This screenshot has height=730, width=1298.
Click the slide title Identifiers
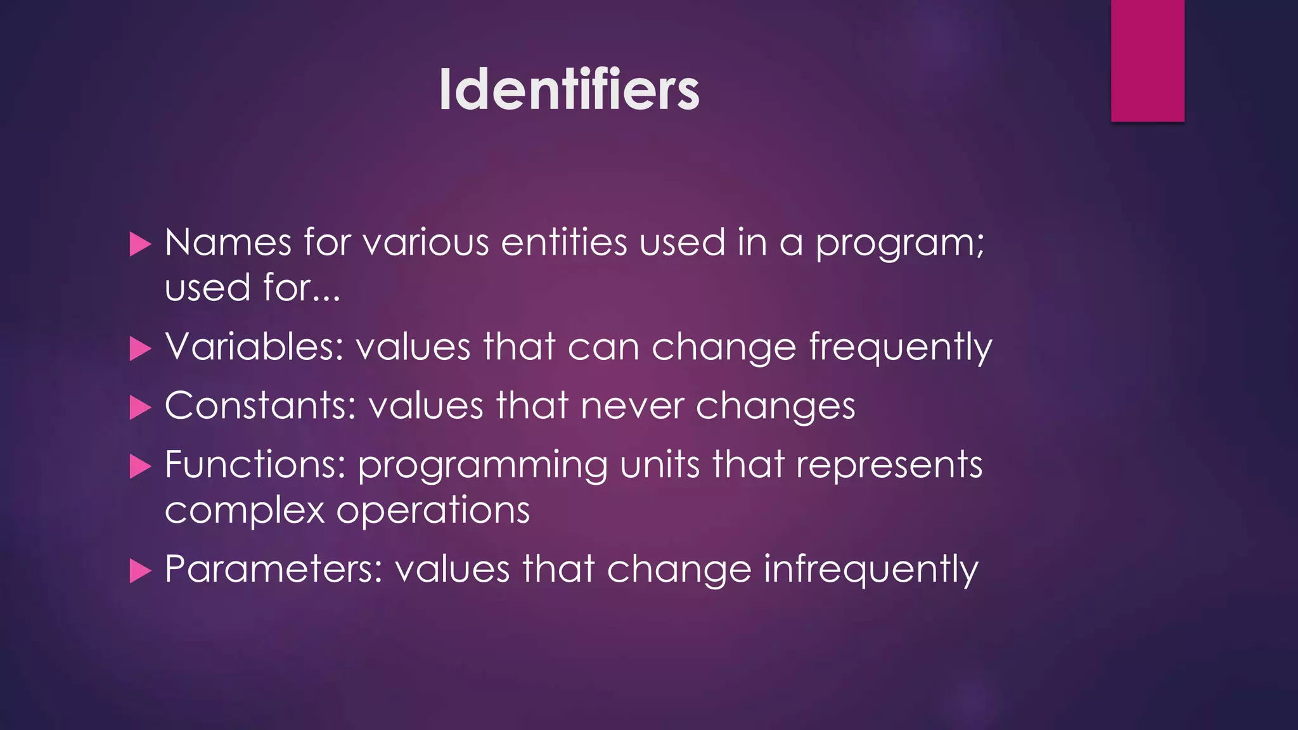point(569,91)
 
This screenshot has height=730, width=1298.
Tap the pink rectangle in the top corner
point(1147,60)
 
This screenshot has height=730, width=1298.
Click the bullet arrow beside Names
point(140,244)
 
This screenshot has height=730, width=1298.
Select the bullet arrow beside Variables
point(140,349)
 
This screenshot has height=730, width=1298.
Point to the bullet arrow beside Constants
point(140,407)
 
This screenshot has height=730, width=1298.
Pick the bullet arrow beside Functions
point(140,467)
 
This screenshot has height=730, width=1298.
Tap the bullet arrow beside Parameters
point(140,571)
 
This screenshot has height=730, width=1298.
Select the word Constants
point(260,406)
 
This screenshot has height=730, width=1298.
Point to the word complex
point(245,511)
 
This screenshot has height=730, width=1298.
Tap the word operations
point(433,511)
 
